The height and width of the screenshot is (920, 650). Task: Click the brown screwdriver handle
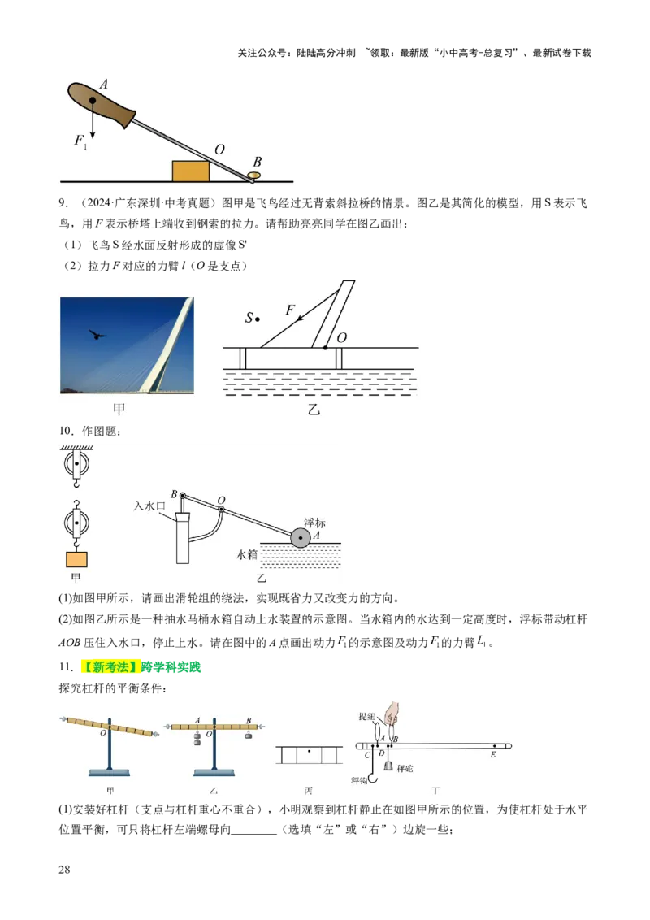point(102,103)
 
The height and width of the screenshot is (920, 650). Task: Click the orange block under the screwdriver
point(191,171)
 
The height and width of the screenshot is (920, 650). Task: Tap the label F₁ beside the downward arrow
point(80,141)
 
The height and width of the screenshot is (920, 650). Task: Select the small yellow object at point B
point(254,174)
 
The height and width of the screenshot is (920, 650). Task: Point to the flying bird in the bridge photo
point(97,333)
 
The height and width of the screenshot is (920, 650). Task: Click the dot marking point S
point(259,318)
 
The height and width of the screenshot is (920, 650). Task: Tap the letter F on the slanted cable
point(290,309)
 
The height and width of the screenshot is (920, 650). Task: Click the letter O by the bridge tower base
point(341,336)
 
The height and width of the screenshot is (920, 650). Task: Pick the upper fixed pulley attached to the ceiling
point(77,467)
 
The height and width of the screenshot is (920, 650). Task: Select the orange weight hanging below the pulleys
point(76,559)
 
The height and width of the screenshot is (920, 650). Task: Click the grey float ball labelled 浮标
point(301,536)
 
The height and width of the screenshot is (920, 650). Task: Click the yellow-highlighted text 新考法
point(110,667)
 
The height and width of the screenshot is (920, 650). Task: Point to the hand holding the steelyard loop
point(394,712)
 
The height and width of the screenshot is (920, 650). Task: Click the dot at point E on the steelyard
point(493,744)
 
